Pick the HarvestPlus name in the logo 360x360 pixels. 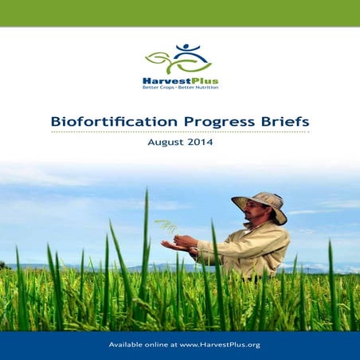[x=181, y=81]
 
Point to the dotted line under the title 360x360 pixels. [x=180, y=132]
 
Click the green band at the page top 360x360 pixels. [x=180, y=13]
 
